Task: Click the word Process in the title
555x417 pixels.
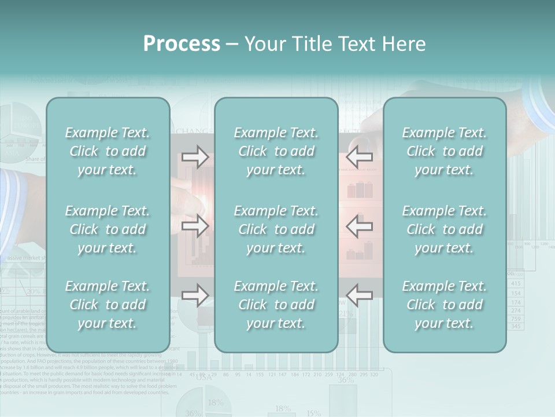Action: tap(182, 44)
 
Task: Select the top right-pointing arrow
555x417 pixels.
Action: tap(195, 157)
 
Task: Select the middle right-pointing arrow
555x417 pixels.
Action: tap(195, 226)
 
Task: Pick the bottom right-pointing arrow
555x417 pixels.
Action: tap(195, 295)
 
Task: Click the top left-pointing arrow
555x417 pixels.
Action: tap(360, 157)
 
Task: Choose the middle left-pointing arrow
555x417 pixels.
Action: tap(360, 226)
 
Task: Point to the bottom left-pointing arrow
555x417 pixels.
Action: tap(360, 295)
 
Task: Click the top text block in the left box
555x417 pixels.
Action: tap(108, 151)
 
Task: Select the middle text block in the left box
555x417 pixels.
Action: tap(108, 229)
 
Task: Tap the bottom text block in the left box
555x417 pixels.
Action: tap(108, 305)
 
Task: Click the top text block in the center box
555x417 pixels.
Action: tap(276, 151)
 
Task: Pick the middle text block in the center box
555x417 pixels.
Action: tap(276, 229)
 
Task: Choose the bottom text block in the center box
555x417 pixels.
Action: tap(276, 305)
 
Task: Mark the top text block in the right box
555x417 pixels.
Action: tap(445, 151)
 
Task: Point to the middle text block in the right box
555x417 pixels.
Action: tap(445, 229)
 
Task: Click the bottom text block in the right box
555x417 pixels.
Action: tap(445, 305)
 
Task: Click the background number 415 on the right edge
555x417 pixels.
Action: tap(516, 283)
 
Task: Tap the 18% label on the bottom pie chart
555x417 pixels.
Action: tap(215, 402)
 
